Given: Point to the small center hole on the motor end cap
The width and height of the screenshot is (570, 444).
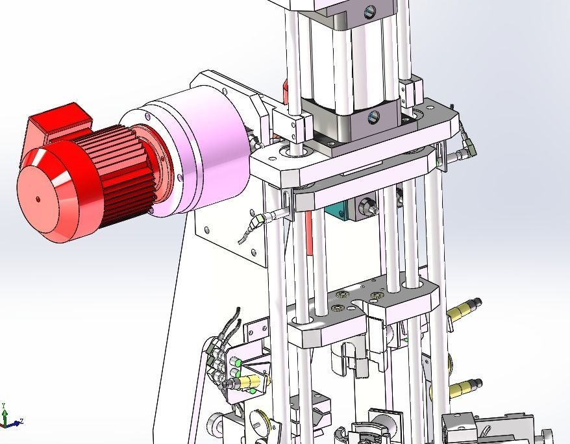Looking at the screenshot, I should (38, 199).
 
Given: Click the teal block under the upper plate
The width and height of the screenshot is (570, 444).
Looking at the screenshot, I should (338, 209).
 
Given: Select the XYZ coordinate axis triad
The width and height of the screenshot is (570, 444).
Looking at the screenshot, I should (8, 419).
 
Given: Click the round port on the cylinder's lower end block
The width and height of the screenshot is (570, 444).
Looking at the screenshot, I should (372, 117).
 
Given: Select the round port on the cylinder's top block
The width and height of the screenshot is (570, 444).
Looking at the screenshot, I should (370, 10).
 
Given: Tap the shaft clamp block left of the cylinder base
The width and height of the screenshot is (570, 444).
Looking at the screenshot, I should (293, 124).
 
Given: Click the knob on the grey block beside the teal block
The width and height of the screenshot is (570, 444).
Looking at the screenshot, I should (368, 208).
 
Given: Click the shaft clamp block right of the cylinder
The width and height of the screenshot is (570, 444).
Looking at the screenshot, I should (410, 93).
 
